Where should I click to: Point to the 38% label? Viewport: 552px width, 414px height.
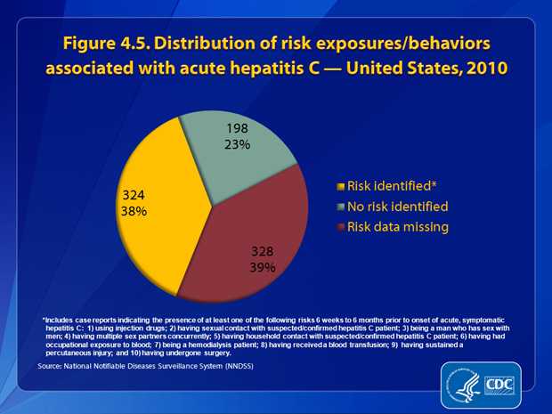tap(134, 212)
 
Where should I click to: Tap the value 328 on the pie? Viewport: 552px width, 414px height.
tap(263, 250)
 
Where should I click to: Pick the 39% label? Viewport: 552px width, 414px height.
tap(263, 266)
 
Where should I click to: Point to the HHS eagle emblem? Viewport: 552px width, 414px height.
tap(463, 384)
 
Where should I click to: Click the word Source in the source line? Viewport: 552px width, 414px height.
tap(52, 365)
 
